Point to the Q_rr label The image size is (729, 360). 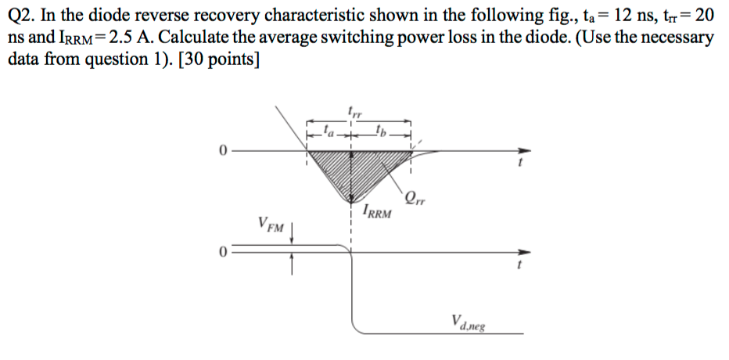point(416,197)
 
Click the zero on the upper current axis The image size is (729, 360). point(224,151)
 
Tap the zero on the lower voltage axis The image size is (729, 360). point(224,252)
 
